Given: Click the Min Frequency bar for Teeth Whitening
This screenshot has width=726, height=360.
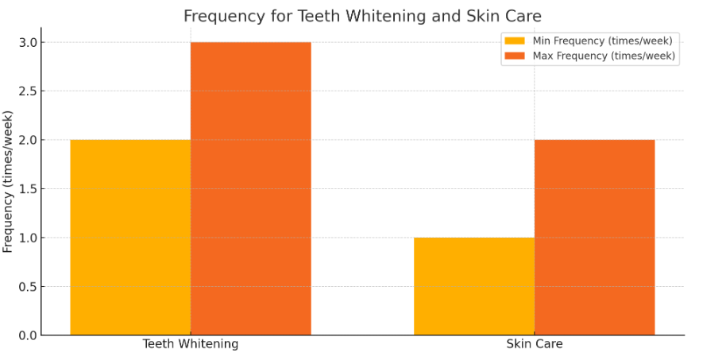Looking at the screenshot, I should coord(130,237).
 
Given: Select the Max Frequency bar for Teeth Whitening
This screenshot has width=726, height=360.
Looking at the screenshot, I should coord(250,188).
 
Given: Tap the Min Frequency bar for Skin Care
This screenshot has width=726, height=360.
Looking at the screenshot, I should coord(473,286).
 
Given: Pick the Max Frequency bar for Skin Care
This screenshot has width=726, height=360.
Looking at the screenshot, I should coord(594,237).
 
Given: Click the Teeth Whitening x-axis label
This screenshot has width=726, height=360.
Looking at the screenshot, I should coord(191,344).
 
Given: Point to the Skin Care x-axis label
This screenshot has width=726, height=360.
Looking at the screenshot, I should coord(534,344).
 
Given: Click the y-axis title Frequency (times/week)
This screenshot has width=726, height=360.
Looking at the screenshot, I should coord(9,182).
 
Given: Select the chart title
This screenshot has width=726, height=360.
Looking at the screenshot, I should coord(362,16).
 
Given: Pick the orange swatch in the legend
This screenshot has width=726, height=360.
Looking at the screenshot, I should coord(515,56).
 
